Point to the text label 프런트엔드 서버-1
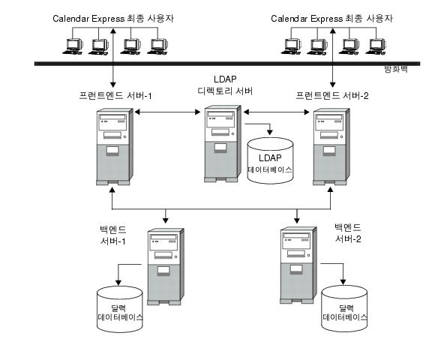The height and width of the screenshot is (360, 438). click(111, 97)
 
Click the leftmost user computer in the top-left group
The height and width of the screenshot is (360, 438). click(73, 46)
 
